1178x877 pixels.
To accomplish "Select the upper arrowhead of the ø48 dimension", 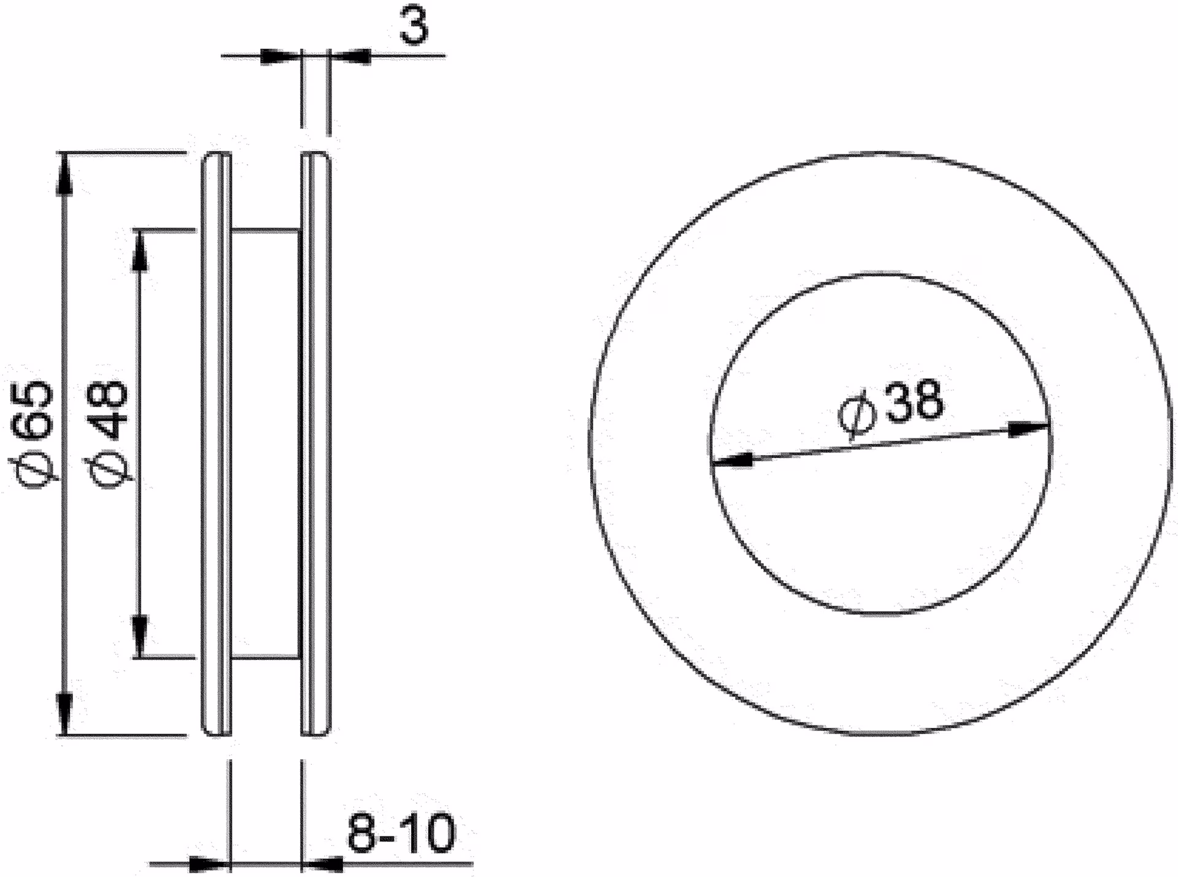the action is pyautogui.click(x=140, y=251).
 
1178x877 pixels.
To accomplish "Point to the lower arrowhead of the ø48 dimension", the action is pyautogui.click(x=140, y=636).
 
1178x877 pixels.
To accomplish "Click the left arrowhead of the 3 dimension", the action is pyautogui.click(x=282, y=56).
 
